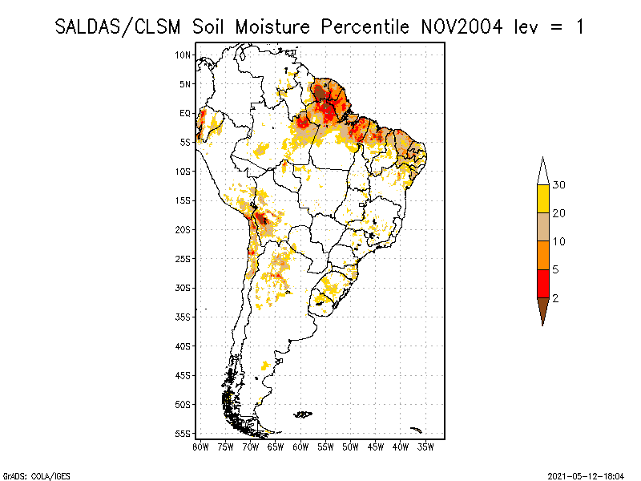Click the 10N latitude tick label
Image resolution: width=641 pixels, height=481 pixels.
coord(183,55)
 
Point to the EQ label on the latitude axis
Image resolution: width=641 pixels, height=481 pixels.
coord(185,113)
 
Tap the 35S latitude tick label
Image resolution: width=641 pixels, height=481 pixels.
coord(183,317)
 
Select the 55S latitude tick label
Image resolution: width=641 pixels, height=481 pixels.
coord(183,434)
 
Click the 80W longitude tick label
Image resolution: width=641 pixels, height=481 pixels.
coord(200,447)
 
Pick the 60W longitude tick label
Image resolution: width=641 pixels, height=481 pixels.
coord(301,447)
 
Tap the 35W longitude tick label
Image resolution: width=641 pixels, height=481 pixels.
coord(427,447)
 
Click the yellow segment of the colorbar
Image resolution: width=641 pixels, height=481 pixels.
coord(543,199)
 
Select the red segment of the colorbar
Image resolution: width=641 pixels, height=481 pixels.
coord(543,284)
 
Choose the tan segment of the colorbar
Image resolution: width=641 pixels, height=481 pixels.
coord(543,227)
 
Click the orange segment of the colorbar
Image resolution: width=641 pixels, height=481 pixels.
coord(543,256)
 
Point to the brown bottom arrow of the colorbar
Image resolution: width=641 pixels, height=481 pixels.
coord(543,309)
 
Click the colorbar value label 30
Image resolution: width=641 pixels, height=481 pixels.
coord(559,185)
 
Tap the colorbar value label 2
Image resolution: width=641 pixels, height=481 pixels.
coord(555,298)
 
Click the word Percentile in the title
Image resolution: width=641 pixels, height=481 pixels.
coord(364,26)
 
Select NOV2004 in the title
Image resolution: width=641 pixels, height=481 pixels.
coord(462,26)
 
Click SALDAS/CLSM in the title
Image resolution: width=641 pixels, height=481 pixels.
coord(120,26)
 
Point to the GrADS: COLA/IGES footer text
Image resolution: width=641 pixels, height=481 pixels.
coord(30,475)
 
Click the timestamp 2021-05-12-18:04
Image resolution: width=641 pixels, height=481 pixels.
coord(585,475)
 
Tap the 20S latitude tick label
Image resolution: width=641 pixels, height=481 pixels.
coord(183,229)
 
